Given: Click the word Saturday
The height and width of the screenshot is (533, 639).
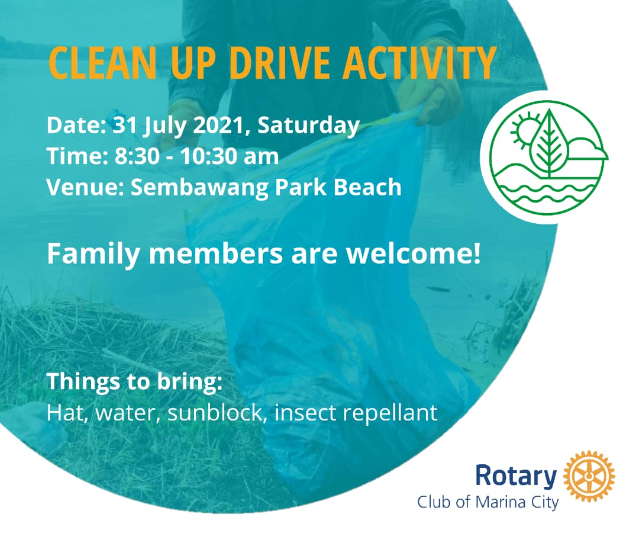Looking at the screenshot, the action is tap(308, 126).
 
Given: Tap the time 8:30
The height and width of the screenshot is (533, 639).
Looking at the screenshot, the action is tap(137, 156).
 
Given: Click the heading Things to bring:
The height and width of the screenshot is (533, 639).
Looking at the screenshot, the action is tap(135, 382).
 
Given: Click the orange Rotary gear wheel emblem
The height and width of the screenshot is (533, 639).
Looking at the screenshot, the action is tap(589, 476).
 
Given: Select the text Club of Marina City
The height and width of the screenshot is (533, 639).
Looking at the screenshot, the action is tap(488, 502).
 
